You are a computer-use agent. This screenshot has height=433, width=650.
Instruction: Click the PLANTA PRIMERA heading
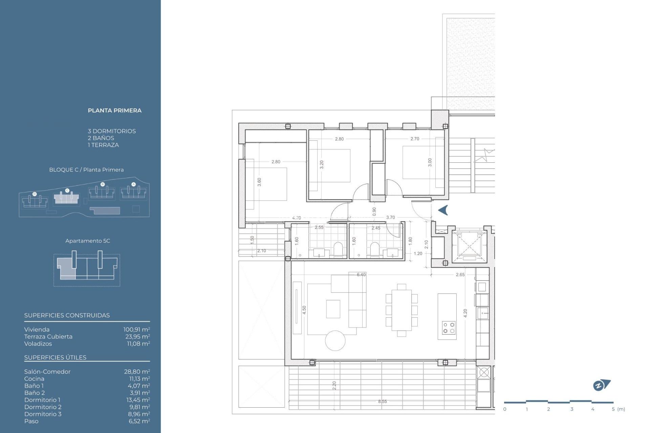[114, 111]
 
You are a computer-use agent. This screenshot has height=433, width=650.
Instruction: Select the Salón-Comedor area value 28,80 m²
[137, 371]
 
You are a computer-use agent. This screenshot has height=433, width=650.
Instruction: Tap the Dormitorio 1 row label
[42, 400]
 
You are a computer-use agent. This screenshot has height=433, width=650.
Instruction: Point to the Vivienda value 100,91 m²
[136, 329]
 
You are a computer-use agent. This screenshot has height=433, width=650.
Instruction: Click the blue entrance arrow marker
[443, 210]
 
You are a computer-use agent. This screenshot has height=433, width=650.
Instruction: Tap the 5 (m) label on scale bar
[618, 409]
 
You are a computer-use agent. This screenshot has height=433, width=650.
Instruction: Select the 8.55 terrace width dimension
[382, 402]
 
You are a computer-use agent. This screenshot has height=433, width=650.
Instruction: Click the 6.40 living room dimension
[361, 275]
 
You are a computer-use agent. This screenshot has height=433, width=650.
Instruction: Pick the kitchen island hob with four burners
[449, 328]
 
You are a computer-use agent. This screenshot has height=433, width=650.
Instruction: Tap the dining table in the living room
[402, 310]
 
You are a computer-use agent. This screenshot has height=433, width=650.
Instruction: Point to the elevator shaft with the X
[469, 244]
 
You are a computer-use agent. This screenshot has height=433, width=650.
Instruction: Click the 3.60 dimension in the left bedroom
[259, 182]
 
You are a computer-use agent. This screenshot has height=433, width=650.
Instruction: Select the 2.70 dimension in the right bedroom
[415, 139]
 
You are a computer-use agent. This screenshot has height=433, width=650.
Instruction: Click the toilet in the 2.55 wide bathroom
[338, 249]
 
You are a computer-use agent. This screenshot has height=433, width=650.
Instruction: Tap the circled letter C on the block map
[67, 190]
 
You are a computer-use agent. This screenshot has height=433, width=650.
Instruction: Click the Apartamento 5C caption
[88, 241]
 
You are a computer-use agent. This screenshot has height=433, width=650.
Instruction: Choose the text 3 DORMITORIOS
[112, 131]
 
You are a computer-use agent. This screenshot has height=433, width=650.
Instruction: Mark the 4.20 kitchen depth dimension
[465, 313]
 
